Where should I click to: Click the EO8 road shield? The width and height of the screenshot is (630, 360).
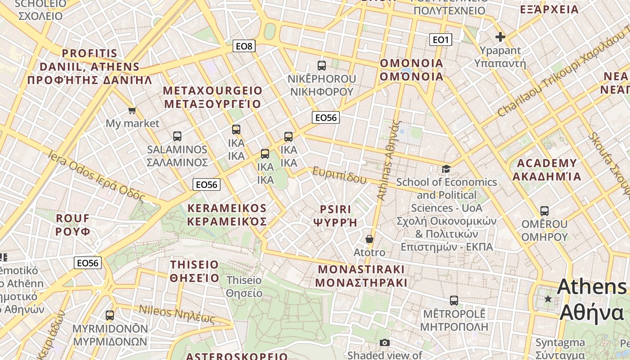pos(244,46)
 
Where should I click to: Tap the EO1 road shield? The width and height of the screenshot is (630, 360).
pos(441,40)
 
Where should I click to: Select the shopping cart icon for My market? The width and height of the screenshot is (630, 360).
pos(132,110)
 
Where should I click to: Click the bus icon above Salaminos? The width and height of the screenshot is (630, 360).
pos(177,136)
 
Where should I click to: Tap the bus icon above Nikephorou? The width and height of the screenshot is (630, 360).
pos(322,66)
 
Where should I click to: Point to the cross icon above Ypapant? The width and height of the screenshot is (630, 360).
pos(500,37)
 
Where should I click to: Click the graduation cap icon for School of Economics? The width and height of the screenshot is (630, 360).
pos(446,169)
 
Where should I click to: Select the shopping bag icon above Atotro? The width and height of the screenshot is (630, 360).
pos(369,239)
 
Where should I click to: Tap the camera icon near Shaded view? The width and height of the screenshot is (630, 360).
pos(384,343)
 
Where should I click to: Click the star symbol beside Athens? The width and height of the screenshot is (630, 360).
pos(548,299)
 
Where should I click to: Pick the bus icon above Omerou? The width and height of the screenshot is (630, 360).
pos(544,211)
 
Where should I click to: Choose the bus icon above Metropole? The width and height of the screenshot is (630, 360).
pos(454,300)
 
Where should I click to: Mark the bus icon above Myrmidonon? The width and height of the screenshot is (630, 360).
pos(110,315)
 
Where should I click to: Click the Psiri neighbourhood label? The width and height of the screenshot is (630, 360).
pos(335,216)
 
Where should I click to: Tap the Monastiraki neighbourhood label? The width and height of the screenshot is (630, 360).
pos(361,276)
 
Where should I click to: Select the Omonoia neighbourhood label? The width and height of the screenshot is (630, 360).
pos(412,70)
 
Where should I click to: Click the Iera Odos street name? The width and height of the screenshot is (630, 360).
pos(96,176)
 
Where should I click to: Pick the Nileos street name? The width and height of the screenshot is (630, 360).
pos(177,314)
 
